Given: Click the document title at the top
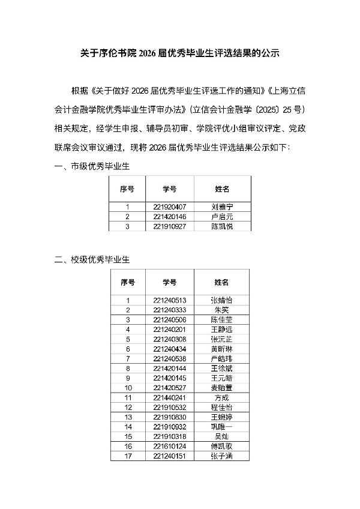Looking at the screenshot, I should point(180,53).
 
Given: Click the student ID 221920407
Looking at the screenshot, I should point(169,206).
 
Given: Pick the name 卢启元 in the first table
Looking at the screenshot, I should point(222,216).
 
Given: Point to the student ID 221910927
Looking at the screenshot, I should point(169,226).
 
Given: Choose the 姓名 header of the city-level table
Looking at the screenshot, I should point(222,188).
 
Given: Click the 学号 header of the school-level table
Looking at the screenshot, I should point(169,282).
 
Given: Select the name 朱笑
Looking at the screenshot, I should point(221,310).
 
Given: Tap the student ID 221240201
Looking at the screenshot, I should point(169,329).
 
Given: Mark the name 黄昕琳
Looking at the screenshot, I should point(221,349).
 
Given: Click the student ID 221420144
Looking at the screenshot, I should point(169,368).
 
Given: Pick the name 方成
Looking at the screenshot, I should point(221,397).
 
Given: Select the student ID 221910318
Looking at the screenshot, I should point(169,436).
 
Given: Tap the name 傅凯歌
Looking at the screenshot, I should point(221,446).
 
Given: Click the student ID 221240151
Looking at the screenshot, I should point(169,456).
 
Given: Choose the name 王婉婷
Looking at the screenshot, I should point(221,417).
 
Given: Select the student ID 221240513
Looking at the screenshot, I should point(169,300).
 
